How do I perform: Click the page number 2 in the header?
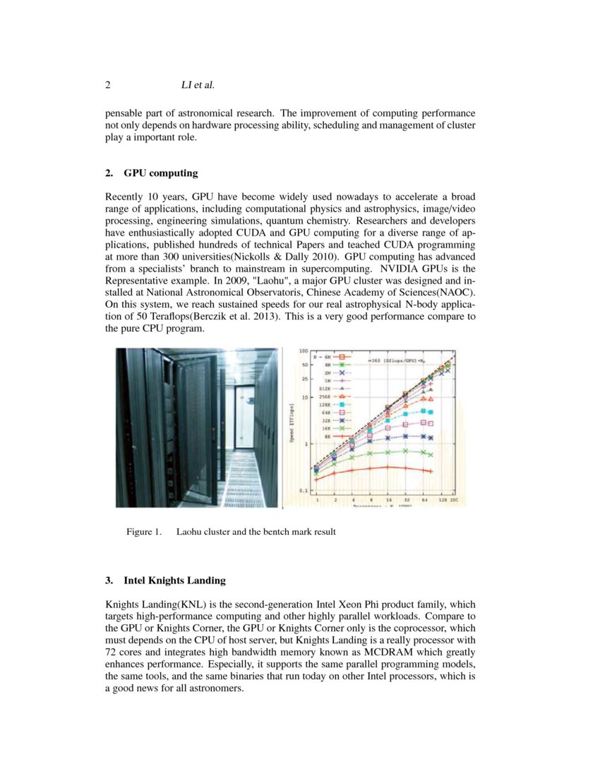[x=108, y=85]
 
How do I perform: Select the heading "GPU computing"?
[x=161, y=173]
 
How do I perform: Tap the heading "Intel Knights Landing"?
[x=174, y=581]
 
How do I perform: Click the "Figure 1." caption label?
[x=144, y=532]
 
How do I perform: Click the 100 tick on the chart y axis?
[x=304, y=351]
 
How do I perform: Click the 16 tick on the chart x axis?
[x=388, y=499]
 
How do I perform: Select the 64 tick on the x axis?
[x=424, y=499]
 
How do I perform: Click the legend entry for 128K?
[x=335, y=404]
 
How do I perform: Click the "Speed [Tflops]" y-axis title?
[x=291, y=424]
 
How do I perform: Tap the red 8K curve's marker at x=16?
[x=388, y=467]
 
